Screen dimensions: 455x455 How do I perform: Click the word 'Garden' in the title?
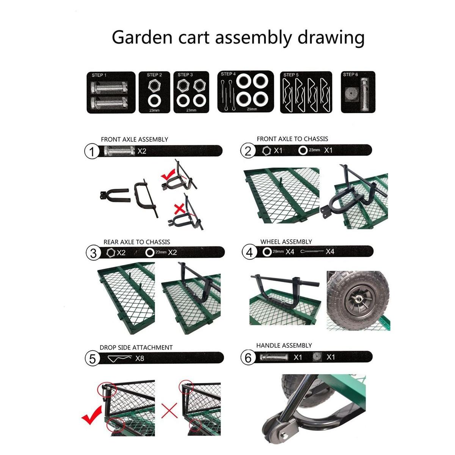(142, 38)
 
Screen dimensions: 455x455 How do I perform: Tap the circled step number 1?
(92, 152)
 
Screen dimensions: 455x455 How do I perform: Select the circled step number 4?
(249, 253)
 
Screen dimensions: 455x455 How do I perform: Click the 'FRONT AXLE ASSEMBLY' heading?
(134, 139)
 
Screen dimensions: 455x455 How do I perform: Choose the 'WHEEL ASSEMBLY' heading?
(286, 242)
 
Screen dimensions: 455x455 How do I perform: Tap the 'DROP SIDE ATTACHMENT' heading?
(136, 347)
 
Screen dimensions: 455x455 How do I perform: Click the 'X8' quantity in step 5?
(140, 358)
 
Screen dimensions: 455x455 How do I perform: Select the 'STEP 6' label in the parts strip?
(350, 75)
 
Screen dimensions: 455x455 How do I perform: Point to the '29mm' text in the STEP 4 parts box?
(252, 109)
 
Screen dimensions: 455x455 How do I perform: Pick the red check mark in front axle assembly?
(168, 174)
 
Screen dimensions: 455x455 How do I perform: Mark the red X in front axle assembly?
(179, 209)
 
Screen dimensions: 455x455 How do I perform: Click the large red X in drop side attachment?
(169, 411)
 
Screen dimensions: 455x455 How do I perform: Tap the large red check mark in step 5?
(92, 415)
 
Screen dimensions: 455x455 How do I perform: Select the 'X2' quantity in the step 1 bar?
(142, 151)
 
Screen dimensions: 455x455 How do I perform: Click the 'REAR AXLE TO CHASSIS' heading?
(137, 242)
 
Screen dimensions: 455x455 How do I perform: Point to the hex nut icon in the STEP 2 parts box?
(154, 85)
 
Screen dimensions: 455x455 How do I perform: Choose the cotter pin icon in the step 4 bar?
(312, 251)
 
